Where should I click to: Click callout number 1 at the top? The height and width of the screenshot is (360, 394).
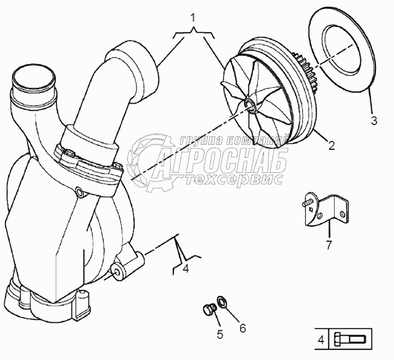[192, 19]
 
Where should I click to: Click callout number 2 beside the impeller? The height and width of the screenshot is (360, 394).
[332, 146]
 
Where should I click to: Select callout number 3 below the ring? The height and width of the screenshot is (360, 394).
[374, 121]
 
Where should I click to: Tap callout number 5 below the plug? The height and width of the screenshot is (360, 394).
[220, 334]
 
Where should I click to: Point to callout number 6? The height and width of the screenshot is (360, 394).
[242, 328]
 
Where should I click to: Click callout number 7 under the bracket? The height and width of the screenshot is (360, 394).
[329, 245]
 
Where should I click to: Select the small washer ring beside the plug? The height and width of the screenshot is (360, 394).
[222, 301]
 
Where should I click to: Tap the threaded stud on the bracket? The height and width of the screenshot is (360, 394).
[307, 202]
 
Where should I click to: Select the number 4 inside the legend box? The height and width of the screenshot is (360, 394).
[321, 340]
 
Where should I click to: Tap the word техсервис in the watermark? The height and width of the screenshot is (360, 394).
[235, 179]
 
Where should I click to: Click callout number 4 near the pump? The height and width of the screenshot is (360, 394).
[185, 269]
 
